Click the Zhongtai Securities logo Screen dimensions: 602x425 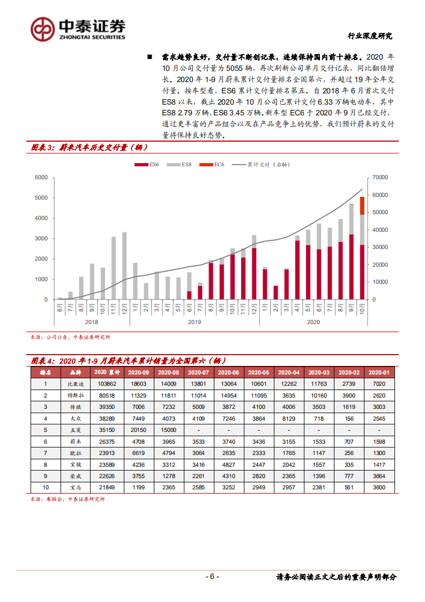tap(78, 28)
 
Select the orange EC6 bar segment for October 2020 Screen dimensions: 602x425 tap(362, 205)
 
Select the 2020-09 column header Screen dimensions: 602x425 tap(138, 372)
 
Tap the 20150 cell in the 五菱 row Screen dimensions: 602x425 tap(138, 430)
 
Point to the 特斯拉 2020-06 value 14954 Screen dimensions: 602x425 tap(228, 395)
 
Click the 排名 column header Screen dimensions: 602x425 tap(46, 372)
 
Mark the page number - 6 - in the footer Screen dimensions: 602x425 tap(212, 577)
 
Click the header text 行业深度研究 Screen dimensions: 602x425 tap(370, 36)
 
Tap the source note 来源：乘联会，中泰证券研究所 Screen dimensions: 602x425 tap(68, 500)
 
